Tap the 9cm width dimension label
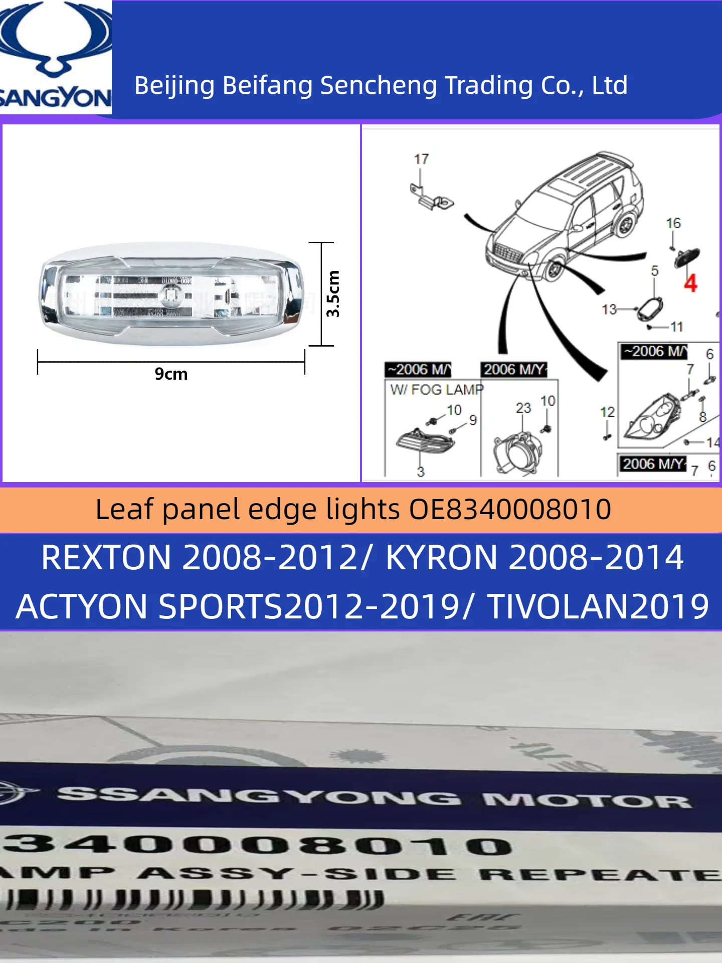click(171, 374)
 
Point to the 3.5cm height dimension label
click(333, 294)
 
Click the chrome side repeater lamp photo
click(170, 293)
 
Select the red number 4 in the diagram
click(690, 283)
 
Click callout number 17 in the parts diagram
click(421, 159)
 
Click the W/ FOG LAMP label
click(437, 390)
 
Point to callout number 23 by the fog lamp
click(523, 408)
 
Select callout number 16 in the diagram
click(673, 223)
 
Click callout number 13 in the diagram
click(609, 309)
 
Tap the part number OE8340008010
click(510, 510)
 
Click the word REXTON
click(106, 558)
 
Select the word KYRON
click(442, 558)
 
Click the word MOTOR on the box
click(587, 800)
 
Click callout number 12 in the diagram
click(607, 412)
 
